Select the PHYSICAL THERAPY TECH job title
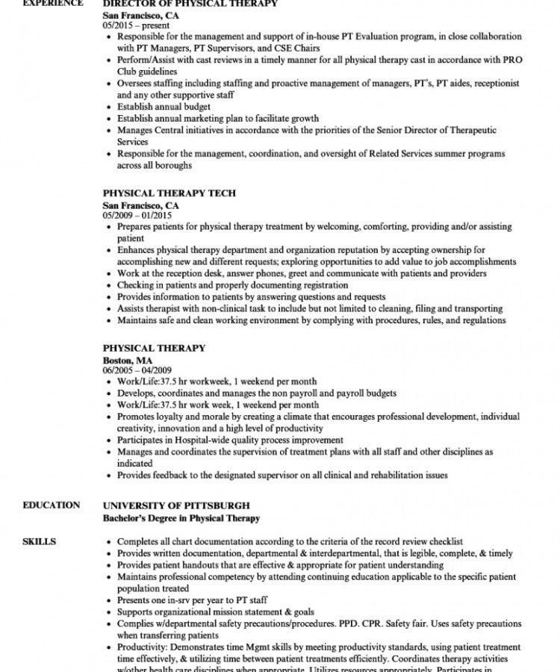(x=169, y=193)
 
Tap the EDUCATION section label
(x=51, y=505)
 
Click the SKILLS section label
(x=40, y=541)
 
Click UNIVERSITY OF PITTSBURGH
(x=176, y=505)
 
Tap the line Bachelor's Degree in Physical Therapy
(x=181, y=517)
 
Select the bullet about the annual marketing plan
(x=217, y=118)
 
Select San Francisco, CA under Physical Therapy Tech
(x=140, y=204)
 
